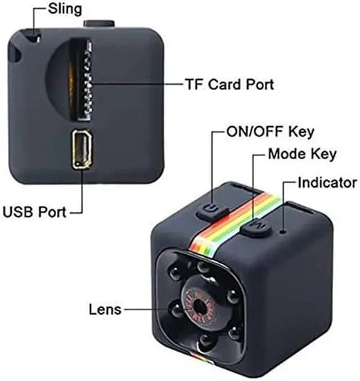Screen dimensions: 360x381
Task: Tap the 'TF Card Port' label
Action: click(229, 84)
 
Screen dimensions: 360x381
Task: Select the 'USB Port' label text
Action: click(34, 213)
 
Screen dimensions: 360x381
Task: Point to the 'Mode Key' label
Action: click(302, 154)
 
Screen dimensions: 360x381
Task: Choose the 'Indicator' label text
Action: click(327, 182)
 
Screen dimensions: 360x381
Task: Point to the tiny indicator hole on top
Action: click(284, 230)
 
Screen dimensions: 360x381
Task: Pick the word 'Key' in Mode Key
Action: click(325, 154)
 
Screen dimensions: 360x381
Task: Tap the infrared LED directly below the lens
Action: click(204, 341)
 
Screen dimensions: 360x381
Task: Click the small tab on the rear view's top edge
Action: click(100, 24)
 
